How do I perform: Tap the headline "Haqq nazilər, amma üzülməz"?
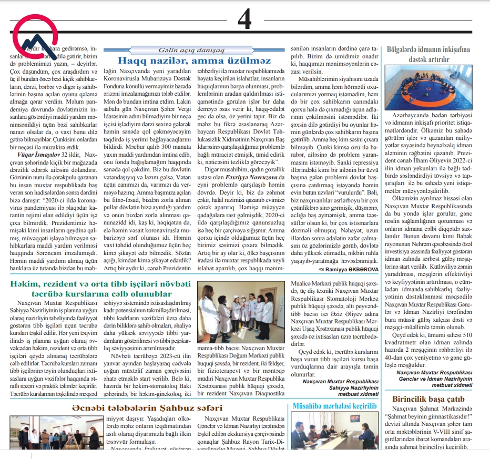pyautogui.click(x=195, y=60)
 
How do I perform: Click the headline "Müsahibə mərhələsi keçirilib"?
pyautogui.click(x=334, y=406)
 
